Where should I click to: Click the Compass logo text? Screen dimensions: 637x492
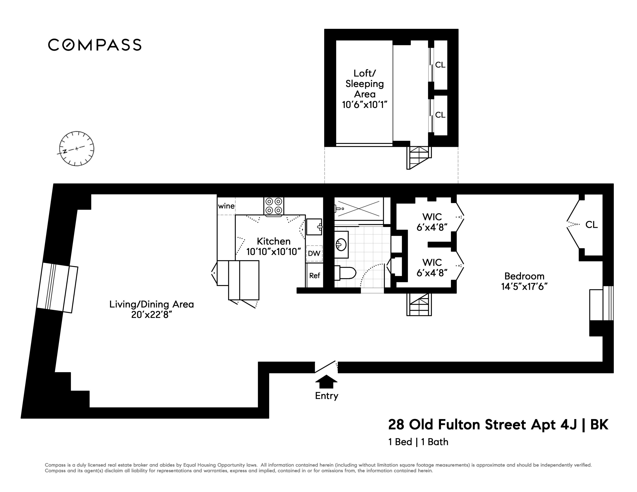[x=95, y=45]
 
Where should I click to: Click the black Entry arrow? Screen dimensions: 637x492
[x=326, y=381]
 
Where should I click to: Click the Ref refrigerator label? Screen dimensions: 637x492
[x=315, y=276]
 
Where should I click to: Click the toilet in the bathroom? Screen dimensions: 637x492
[x=345, y=273]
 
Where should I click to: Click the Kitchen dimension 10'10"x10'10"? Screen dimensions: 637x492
[x=274, y=252]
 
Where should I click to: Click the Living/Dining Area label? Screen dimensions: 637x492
[x=152, y=304]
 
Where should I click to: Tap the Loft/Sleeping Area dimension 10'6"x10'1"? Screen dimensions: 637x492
[x=365, y=105]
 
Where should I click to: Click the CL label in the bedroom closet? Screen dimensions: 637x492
[x=592, y=224]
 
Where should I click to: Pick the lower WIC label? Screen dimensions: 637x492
[x=432, y=262]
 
